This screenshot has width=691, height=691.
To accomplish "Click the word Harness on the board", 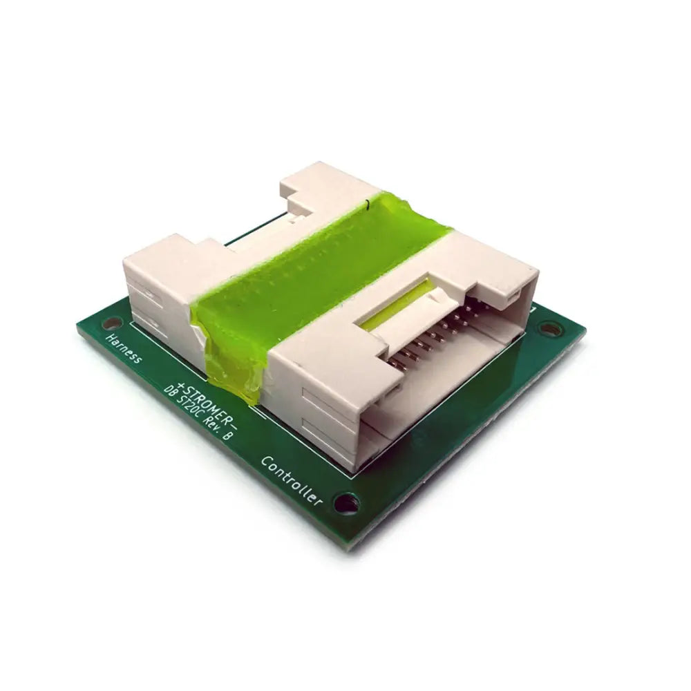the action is point(124,349).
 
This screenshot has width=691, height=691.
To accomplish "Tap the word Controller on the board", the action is point(292,481).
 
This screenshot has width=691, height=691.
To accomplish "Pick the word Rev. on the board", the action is point(214,427).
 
